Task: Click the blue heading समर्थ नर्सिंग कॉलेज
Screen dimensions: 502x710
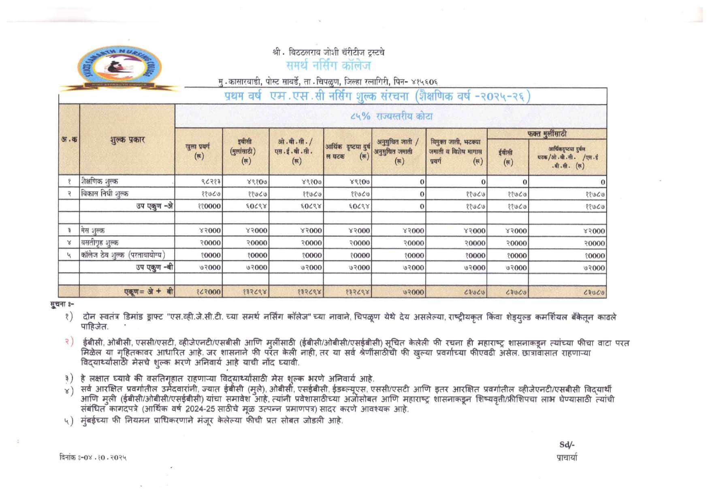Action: (328, 66)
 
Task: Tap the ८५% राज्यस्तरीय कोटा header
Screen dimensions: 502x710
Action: (391, 117)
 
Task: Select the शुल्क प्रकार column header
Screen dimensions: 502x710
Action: (127, 140)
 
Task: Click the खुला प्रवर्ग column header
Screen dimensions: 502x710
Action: (198, 151)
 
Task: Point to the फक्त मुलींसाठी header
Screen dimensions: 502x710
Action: (547, 134)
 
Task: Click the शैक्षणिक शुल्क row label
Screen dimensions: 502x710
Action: (100, 181)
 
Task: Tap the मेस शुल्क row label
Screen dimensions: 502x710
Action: (93, 230)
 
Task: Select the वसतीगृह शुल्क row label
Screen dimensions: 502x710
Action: (100, 242)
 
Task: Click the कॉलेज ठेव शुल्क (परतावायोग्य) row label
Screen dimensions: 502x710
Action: (123, 255)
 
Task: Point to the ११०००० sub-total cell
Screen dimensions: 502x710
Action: (209, 206)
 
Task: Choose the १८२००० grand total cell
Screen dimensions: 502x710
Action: (209, 292)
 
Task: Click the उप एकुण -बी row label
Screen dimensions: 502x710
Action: (154, 267)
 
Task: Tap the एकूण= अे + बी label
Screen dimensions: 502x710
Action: (149, 292)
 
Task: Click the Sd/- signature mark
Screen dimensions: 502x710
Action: (567, 445)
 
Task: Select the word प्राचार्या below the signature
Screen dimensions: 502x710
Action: (567, 457)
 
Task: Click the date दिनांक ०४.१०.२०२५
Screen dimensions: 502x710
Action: (93, 457)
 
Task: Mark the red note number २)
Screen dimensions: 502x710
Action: (69, 342)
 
